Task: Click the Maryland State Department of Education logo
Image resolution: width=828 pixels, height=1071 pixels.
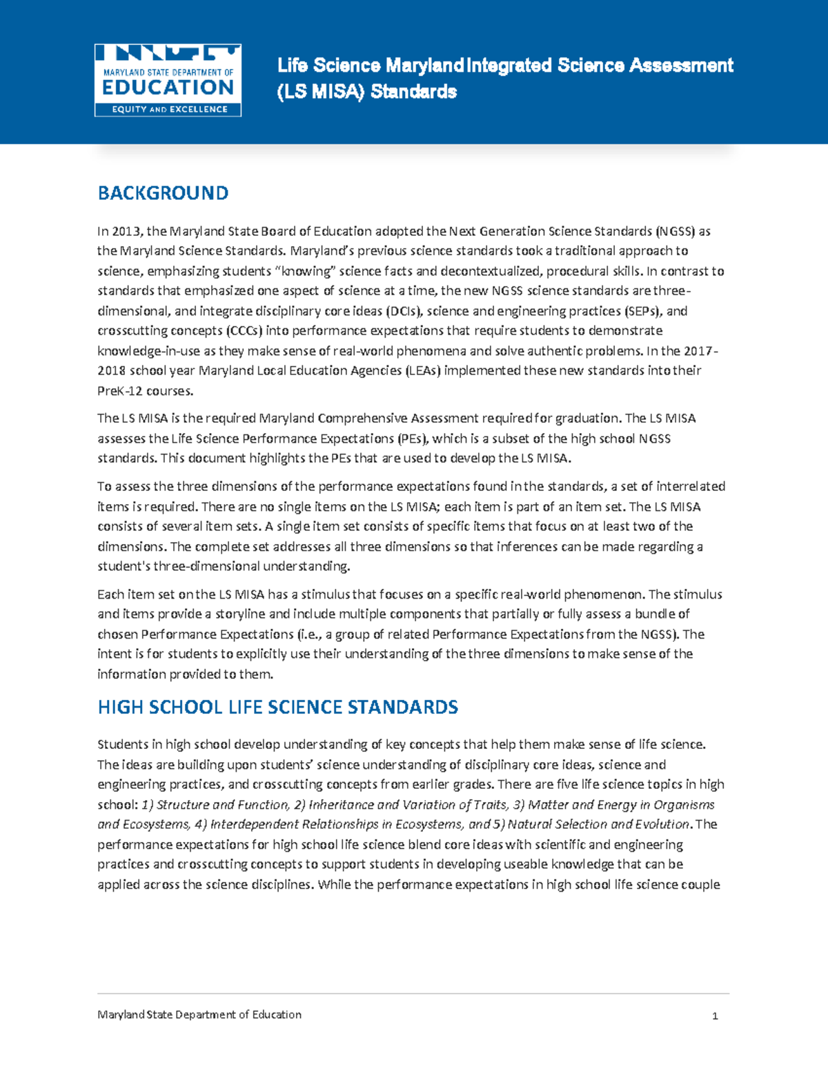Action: (x=168, y=79)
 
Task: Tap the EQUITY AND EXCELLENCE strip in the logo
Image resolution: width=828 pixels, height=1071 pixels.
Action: (x=168, y=109)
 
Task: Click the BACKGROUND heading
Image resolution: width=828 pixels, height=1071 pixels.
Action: (x=163, y=193)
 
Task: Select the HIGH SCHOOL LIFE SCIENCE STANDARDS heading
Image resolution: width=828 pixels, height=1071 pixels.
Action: (x=277, y=708)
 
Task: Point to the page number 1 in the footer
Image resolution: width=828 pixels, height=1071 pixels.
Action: (x=715, y=1016)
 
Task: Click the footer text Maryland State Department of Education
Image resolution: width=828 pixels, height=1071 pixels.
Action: (x=199, y=1014)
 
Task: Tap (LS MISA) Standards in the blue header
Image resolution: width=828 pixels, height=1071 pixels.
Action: (x=366, y=92)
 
